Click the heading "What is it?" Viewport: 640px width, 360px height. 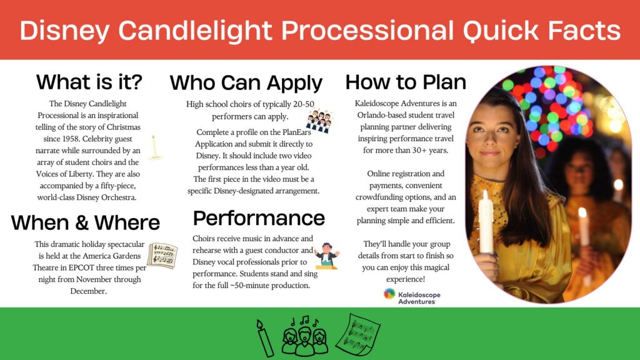89,82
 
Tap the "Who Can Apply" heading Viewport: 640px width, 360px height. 246,83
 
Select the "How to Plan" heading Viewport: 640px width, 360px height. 406,82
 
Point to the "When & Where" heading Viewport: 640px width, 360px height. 85,222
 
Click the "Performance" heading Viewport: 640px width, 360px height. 259,218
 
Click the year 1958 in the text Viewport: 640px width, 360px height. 70,139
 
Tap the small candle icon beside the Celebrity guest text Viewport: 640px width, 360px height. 154,147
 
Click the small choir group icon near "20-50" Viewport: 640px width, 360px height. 319,121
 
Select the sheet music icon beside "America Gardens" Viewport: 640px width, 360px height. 162,256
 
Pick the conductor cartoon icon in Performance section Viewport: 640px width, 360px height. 327,256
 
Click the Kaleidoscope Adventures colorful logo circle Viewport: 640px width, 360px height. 389,294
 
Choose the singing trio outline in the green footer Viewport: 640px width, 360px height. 304,336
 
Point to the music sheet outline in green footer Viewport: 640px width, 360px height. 358,334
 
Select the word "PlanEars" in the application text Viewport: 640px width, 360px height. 297,132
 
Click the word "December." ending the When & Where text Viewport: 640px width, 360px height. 89,291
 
